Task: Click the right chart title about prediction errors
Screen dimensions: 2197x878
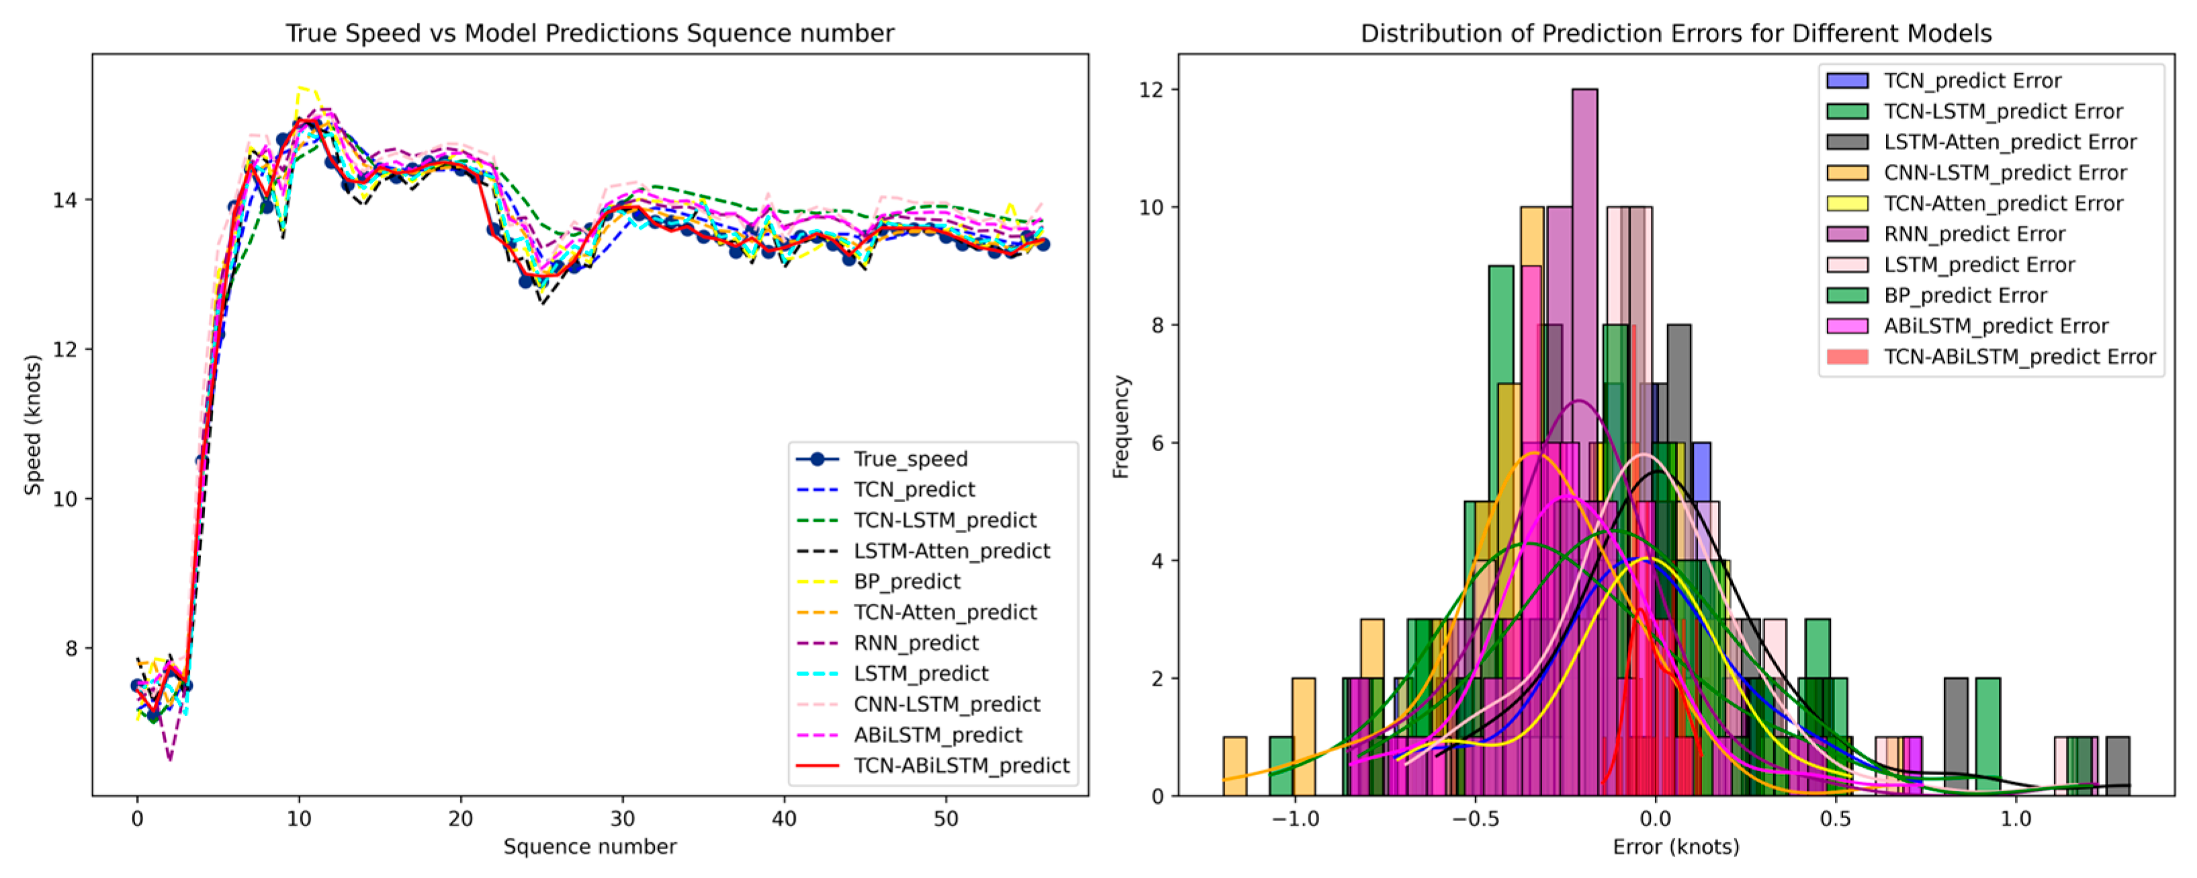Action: pyautogui.click(x=1676, y=33)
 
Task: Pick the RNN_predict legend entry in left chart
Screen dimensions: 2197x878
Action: pyautogui.click(x=887, y=643)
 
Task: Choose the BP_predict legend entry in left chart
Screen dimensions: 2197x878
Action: pyautogui.click(x=878, y=581)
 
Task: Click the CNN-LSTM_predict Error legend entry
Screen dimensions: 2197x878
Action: pyautogui.click(x=1976, y=172)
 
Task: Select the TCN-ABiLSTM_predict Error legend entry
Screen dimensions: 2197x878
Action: pyautogui.click(x=1991, y=357)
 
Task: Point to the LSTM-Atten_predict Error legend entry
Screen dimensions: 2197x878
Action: pyautogui.click(x=1981, y=142)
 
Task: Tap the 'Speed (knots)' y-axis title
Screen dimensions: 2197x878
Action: pyautogui.click(x=32, y=425)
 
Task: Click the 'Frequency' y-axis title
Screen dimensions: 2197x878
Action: pyautogui.click(x=1121, y=427)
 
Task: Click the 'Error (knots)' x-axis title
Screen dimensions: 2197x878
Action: pyautogui.click(x=1676, y=846)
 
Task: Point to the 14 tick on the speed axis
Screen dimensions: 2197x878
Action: pyautogui.click(x=65, y=200)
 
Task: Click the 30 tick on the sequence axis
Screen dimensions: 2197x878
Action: pyautogui.click(x=623, y=819)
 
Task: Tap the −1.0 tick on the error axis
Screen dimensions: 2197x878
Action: pyautogui.click(x=1295, y=819)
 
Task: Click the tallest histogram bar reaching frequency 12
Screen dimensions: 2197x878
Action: pyautogui.click(x=1584, y=442)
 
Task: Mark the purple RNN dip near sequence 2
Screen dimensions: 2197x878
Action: pyautogui.click(x=170, y=758)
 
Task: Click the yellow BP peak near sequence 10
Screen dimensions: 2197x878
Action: pyautogui.click(x=301, y=88)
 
